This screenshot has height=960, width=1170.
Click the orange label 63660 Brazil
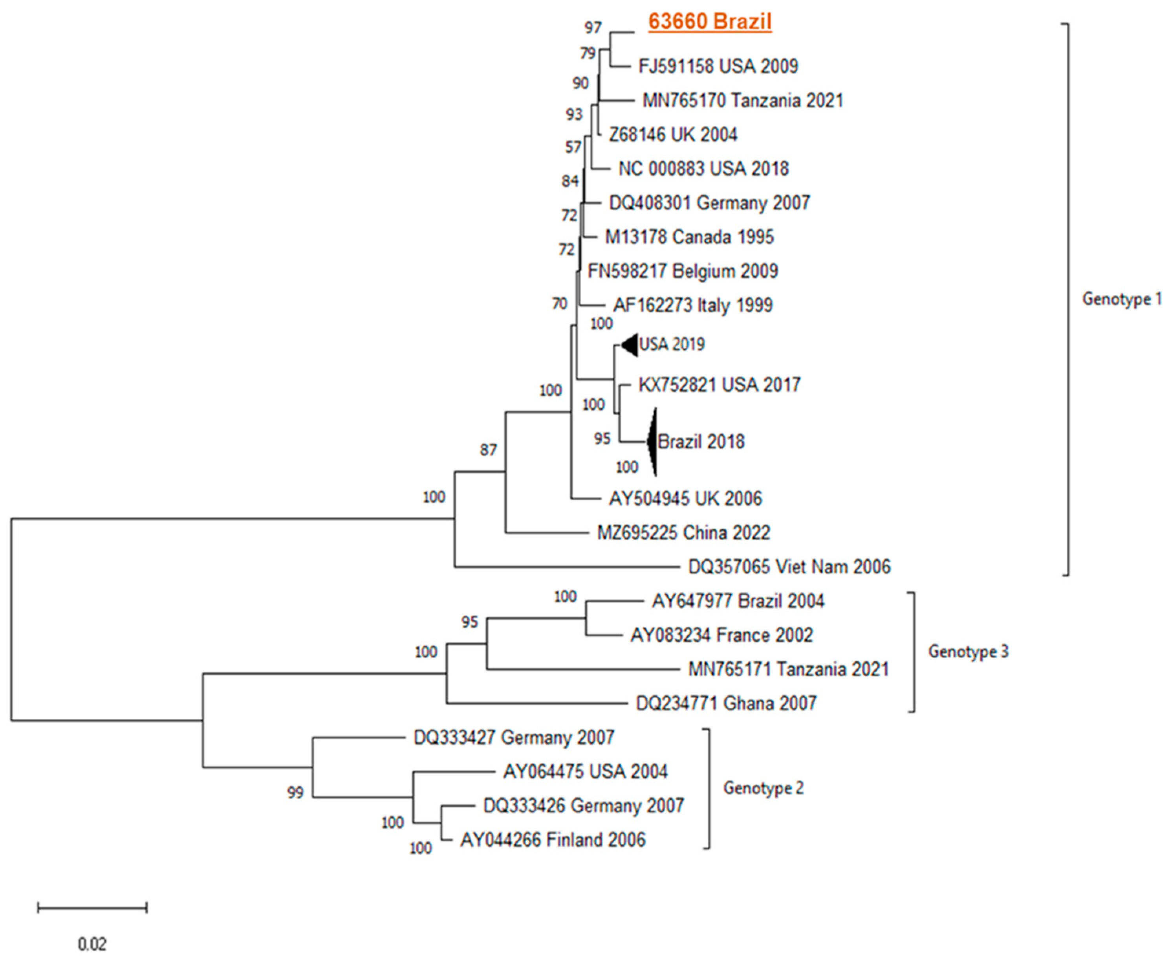(x=710, y=22)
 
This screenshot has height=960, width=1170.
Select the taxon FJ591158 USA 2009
(x=718, y=66)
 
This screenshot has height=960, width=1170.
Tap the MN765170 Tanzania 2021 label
(x=742, y=101)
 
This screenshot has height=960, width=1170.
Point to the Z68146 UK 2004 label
(x=673, y=134)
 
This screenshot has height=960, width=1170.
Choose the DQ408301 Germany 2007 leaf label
(x=709, y=203)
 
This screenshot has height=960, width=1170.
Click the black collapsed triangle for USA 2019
(x=631, y=345)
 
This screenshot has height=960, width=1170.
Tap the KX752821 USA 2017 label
(x=719, y=385)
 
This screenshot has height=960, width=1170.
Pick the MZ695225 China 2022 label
(x=683, y=532)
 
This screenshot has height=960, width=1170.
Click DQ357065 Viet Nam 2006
(x=789, y=567)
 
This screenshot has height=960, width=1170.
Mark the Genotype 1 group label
(x=1121, y=299)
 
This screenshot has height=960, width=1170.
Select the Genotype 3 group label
(x=968, y=652)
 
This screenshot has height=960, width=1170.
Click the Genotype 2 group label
(x=763, y=787)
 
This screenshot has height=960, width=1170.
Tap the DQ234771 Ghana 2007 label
(x=726, y=703)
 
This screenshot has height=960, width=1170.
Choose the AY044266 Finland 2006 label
(x=553, y=840)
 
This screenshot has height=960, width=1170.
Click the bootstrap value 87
(x=488, y=450)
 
